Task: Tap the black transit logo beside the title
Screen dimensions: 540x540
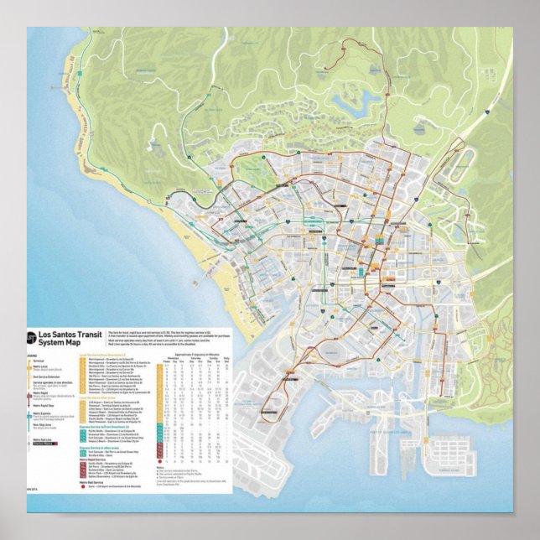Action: [x=33, y=339]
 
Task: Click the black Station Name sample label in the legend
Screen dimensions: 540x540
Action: [x=43, y=444]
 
